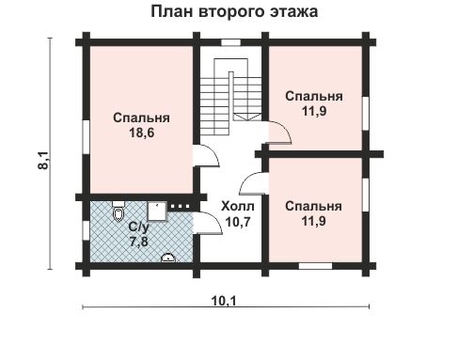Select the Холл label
point(234,205)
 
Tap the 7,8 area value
point(139,242)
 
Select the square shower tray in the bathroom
point(157,210)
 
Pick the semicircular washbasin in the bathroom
point(169,258)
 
